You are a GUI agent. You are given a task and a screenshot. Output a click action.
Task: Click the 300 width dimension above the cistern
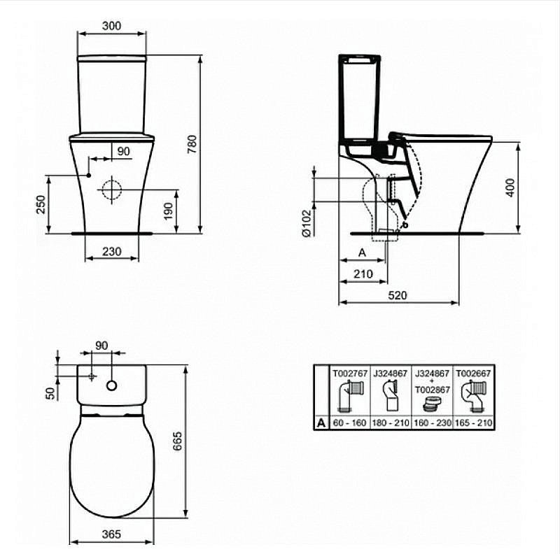pos(111,26)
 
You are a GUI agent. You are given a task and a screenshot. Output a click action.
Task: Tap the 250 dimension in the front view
pos(41,204)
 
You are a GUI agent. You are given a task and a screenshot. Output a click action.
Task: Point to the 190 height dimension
pos(167,211)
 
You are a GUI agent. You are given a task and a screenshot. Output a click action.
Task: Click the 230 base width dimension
pos(111,251)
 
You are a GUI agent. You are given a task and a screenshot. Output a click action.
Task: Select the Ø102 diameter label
pos(307,224)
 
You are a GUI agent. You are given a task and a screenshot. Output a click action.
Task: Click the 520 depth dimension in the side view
pos(397,295)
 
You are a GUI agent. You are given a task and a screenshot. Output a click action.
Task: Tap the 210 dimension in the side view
pos(363,274)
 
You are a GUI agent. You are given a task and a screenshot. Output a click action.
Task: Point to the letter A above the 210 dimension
pos(362,252)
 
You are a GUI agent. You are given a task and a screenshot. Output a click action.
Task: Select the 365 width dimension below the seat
pos(111,534)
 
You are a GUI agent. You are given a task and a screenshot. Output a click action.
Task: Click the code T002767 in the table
pos(349,374)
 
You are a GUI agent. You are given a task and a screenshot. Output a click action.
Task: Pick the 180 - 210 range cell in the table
pos(391,422)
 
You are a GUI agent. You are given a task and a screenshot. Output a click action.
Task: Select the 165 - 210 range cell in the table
pos(475,422)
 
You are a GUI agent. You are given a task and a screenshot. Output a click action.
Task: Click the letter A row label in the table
pos(321,422)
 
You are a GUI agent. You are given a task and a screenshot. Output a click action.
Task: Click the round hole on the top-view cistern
pos(112,385)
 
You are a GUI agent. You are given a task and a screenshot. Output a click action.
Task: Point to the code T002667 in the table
pos(475,374)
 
